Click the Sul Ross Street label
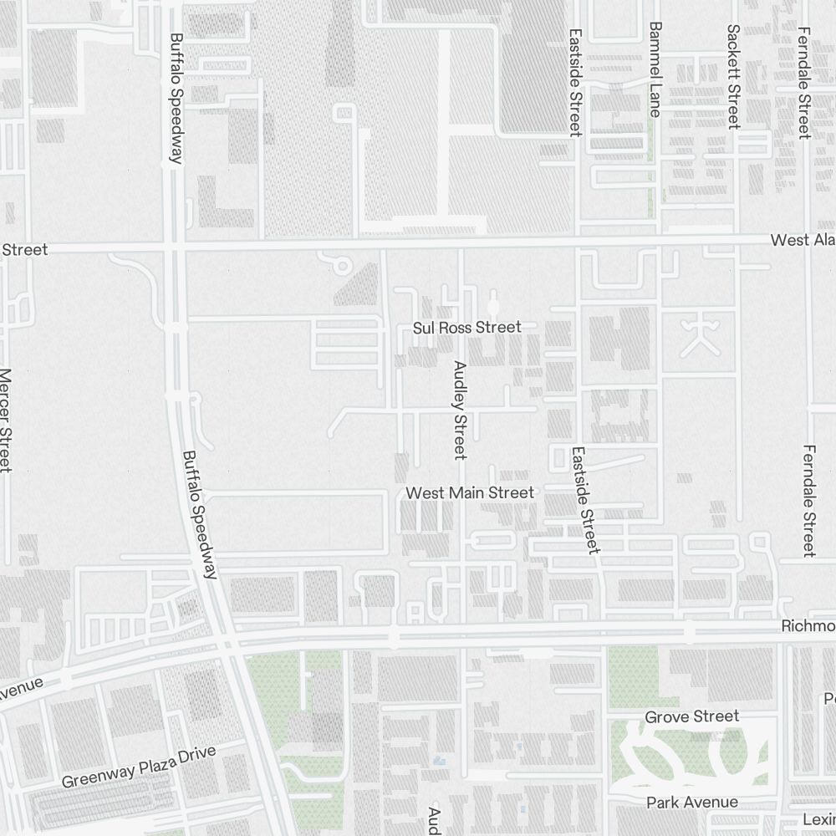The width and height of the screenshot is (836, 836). click(466, 327)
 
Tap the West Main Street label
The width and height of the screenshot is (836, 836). click(469, 493)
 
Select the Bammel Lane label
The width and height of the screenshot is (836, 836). click(655, 69)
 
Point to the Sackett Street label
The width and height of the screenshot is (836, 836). click(733, 76)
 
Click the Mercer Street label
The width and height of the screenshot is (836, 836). click(6, 421)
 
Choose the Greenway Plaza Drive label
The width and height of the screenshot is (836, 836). click(139, 767)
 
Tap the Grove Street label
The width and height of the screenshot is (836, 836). click(691, 716)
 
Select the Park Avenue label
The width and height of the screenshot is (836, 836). click(691, 803)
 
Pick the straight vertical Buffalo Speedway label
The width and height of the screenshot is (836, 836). click(176, 99)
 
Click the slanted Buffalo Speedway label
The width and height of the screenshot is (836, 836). click(200, 514)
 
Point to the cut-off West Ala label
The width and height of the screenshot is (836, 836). click(802, 241)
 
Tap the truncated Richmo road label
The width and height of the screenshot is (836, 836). click(808, 626)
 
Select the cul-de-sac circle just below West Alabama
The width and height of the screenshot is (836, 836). click(342, 267)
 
